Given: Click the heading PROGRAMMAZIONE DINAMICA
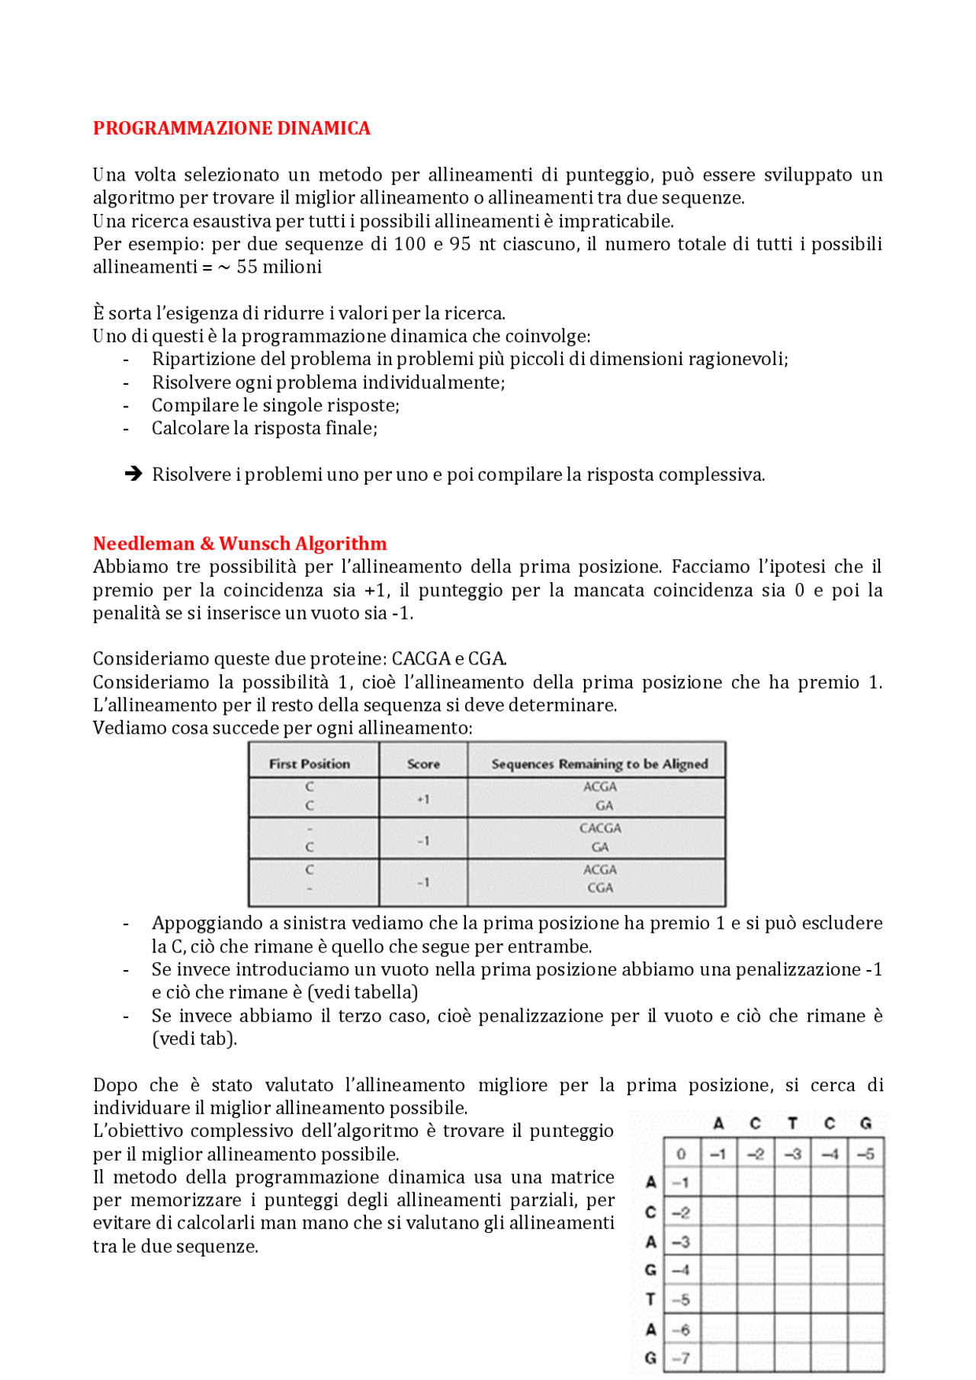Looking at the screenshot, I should click(x=231, y=128).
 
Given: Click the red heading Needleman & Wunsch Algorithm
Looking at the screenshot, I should click(x=239, y=543).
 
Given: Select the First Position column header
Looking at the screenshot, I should click(x=309, y=764).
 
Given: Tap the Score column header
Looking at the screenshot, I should click(x=423, y=764).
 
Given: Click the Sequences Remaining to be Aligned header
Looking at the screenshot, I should click(x=599, y=764).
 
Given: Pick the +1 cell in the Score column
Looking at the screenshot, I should click(x=423, y=799).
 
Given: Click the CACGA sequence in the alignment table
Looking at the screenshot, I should click(x=600, y=828).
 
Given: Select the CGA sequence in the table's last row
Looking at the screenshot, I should click(x=600, y=888).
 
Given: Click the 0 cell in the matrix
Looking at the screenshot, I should click(x=681, y=1154).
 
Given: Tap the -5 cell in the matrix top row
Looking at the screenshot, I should click(x=865, y=1154).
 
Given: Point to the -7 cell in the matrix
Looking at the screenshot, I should click(x=681, y=1358).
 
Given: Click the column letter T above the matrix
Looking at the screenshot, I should click(x=792, y=1123).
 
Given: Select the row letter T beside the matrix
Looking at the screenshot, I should click(x=650, y=1299).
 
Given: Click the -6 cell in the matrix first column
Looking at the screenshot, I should click(x=681, y=1329).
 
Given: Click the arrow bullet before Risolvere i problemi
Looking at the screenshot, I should click(x=133, y=474).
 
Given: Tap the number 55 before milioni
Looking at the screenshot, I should click(x=247, y=267).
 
